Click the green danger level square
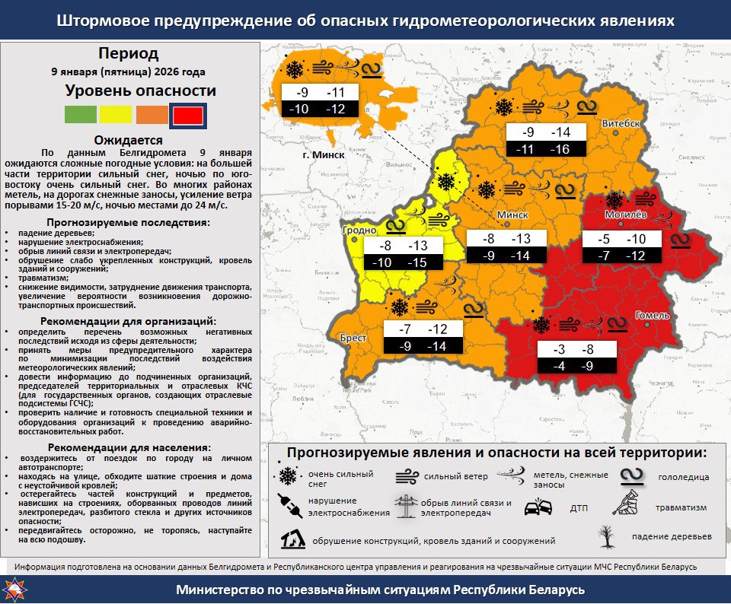coord(80,115)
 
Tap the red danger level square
coord(187,116)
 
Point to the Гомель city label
coord(653,315)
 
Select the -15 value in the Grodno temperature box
coord(417,262)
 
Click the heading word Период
coord(128,54)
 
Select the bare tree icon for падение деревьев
coord(606,536)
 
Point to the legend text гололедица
coord(683,477)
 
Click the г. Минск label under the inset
coord(323,154)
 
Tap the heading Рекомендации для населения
coord(128,447)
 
